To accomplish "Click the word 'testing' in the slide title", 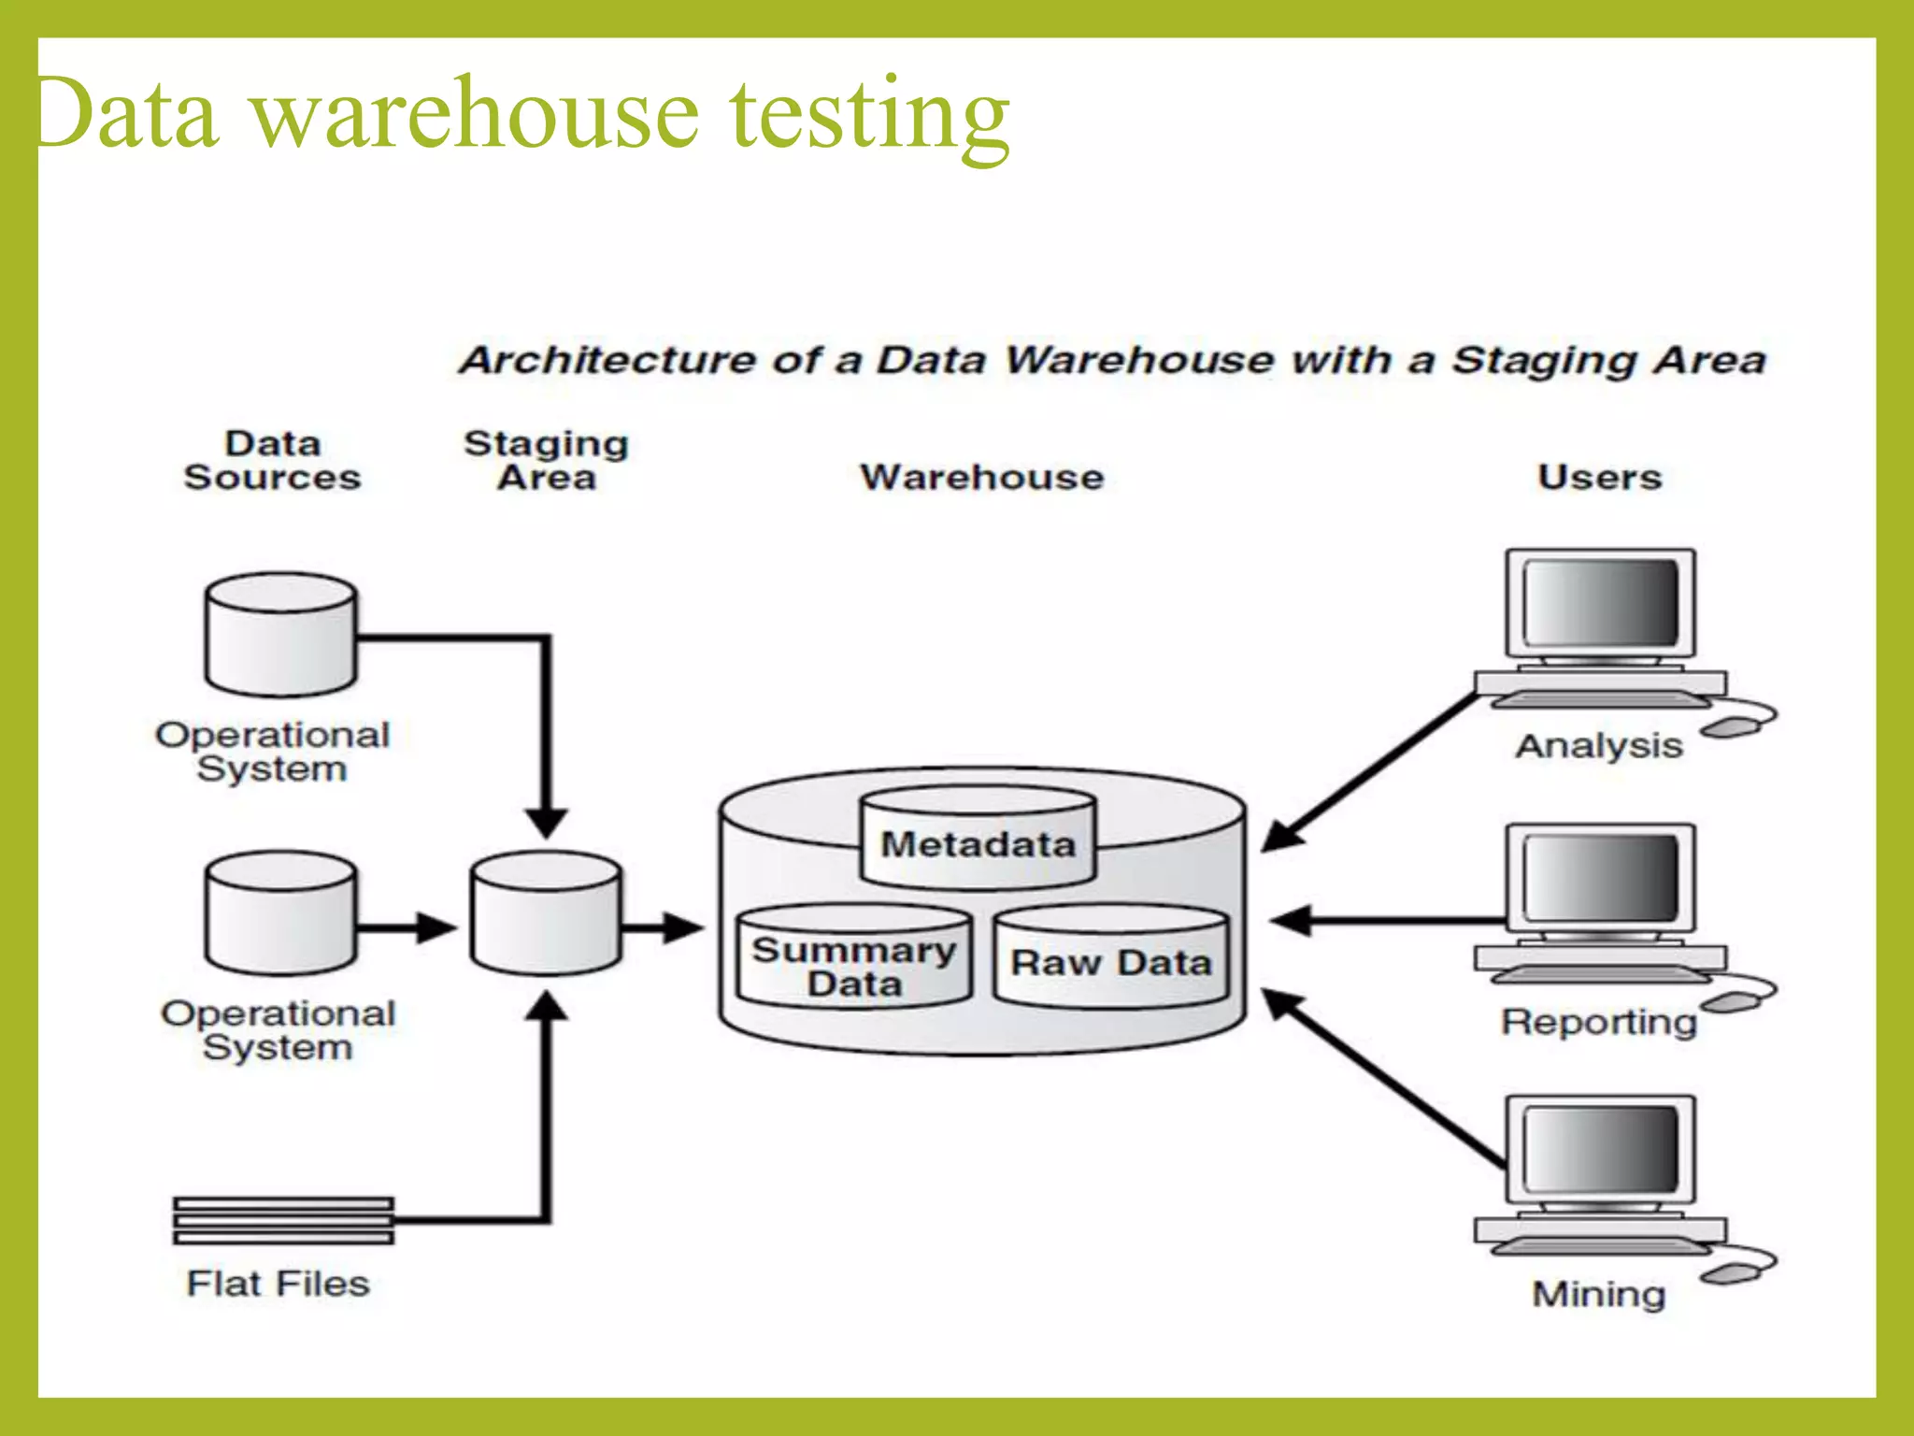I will coord(869,117).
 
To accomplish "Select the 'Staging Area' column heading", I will coord(547,460).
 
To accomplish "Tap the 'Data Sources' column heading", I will coord(272,460).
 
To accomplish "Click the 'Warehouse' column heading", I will coord(981,477).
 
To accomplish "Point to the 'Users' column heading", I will coord(1599,477).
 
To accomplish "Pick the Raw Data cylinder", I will coord(1110,963).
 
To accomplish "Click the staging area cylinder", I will coord(547,916).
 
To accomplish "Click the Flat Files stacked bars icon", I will coord(283,1221).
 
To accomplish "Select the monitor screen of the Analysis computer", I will coord(1600,603).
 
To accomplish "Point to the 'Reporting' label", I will coord(1599,1021).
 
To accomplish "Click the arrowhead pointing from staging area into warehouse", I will coord(685,928).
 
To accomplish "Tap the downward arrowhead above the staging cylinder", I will coord(547,823).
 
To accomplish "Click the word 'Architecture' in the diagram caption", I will coord(607,360).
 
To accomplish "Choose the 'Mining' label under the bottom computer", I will coord(1599,1294).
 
